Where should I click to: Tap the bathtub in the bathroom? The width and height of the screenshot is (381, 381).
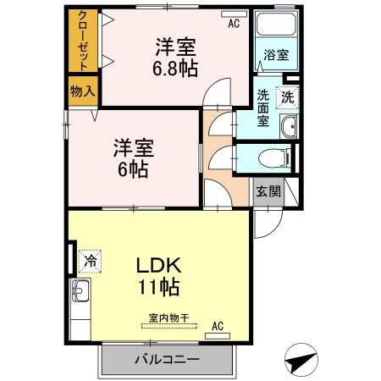point(275,30)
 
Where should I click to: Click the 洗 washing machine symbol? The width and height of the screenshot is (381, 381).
point(288,97)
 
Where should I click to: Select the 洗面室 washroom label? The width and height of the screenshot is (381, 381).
point(263,108)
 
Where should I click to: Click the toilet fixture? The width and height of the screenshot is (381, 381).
point(272,157)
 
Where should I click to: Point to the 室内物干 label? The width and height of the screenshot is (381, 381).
point(168,319)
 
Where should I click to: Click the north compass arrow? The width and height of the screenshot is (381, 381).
point(298,362)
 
